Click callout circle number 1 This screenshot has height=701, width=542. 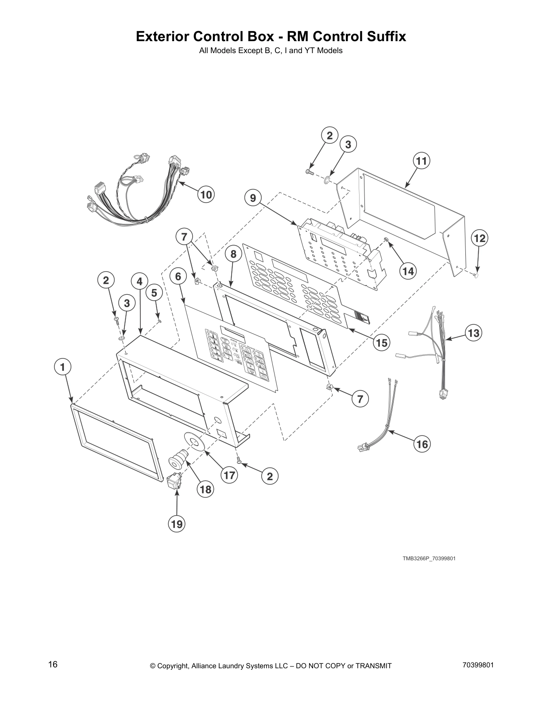(62, 367)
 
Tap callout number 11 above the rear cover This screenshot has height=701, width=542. (422, 161)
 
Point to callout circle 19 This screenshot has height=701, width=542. (176, 524)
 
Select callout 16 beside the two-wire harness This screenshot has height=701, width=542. (422, 443)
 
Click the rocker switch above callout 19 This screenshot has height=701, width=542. (174, 481)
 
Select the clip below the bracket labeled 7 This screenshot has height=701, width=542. (329, 387)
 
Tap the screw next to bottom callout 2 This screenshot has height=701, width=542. (239, 461)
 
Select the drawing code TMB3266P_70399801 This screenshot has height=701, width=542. (429, 558)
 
